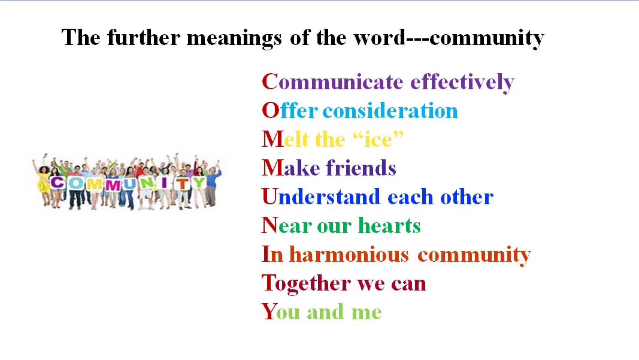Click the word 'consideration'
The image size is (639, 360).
point(390,110)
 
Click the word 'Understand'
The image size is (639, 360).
point(321,196)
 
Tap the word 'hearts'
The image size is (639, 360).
point(389,225)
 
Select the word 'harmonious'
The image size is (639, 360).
point(349,255)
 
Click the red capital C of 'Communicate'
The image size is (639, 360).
point(269,82)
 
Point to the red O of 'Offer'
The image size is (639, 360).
point(271,110)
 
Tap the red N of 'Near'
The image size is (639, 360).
point(269,225)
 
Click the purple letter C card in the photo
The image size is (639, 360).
point(57,183)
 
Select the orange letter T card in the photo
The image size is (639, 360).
point(183,183)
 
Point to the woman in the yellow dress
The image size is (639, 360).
point(43,181)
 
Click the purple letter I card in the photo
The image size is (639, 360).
point(164,183)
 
